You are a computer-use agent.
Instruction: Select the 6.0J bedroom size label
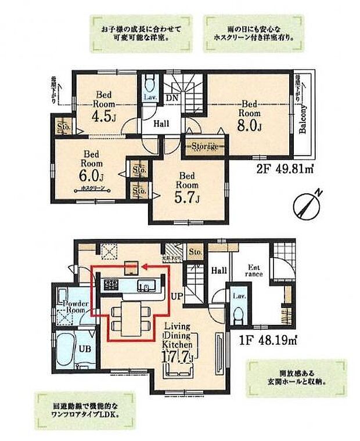[x=93, y=175]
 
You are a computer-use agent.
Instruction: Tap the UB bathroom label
[x=85, y=348]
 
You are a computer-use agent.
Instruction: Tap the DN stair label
[x=172, y=98]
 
